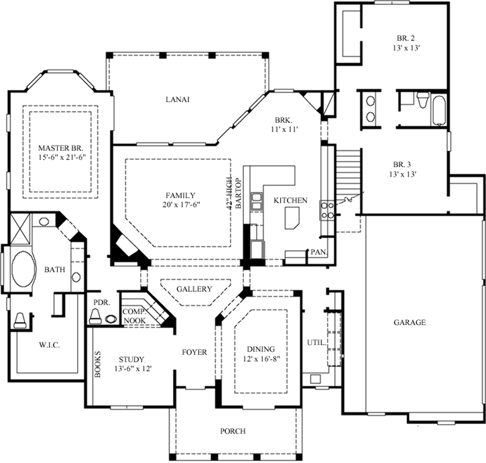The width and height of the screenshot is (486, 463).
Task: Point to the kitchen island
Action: (x=293, y=218)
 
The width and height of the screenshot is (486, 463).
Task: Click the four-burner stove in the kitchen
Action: (x=326, y=211)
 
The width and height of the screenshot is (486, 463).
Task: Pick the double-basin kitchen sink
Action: (x=257, y=202)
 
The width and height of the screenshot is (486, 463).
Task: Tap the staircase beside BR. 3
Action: (x=348, y=170)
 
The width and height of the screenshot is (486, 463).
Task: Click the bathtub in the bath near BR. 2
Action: (x=438, y=111)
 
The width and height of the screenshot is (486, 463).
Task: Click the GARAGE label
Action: (x=410, y=322)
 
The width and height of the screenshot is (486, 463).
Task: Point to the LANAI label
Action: (x=178, y=99)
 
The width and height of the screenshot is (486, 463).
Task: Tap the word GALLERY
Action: (x=194, y=289)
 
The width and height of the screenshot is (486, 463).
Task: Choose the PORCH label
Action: (x=233, y=431)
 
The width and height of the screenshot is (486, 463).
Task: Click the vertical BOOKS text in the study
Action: (x=98, y=364)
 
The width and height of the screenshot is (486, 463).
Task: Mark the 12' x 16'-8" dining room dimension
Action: (x=261, y=360)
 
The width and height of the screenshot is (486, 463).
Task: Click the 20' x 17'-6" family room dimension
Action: (x=177, y=205)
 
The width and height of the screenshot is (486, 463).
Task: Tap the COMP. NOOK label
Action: (x=134, y=317)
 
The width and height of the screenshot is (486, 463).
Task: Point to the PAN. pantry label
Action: (x=316, y=252)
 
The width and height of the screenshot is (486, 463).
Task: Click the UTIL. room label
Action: (x=316, y=342)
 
